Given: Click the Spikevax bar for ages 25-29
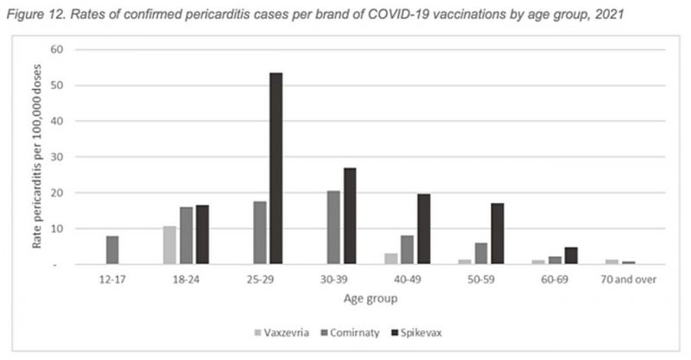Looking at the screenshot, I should [x=276, y=168].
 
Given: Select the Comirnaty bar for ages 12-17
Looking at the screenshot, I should [x=112, y=250].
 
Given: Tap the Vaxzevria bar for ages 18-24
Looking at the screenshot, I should [x=170, y=245].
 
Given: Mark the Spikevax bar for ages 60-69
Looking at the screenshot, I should [x=571, y=256].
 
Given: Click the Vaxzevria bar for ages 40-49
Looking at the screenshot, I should [x=391, y=259].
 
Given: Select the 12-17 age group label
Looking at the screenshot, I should [x=112, y=281].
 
